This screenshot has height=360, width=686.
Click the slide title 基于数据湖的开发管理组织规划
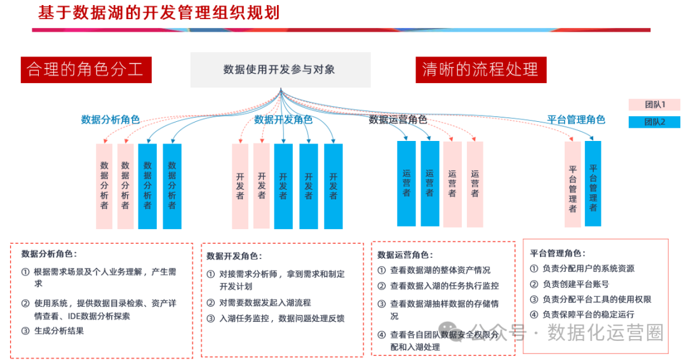(x=159, y=13)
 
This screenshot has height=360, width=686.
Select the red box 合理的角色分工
(x=86, y=70)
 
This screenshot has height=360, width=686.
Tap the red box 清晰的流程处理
(x=481, y=70)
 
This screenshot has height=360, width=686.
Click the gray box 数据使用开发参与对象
(x=281, y=70)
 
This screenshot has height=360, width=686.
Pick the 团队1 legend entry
(x=654, y=105)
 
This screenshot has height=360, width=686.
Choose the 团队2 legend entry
(x=654, y=122)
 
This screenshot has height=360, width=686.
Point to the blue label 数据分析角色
(x=111, y=120)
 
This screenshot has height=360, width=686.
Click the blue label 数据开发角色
(x=283, y=120)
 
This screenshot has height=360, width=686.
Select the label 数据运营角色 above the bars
(x=398, y=120)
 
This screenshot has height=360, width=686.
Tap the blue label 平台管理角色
(x=576, y=120)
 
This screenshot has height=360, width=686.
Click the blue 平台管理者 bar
(x=593, y=183)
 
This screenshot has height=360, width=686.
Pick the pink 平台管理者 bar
(x=573, y=184)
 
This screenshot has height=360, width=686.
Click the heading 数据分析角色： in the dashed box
(x=49, y=254)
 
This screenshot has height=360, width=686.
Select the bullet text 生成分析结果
(x=59, y=331)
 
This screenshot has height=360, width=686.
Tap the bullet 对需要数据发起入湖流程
(x=265, y=303)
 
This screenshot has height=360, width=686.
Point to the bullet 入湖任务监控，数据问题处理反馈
(x=282, y=319)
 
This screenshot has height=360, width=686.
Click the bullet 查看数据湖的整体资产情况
(x=440, y=270)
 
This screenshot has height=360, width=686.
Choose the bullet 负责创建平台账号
(x=575, y=284)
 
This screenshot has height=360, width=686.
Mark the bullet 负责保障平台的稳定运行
(x=588, y=314)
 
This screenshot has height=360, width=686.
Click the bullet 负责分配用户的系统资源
(x=588, y=269)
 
